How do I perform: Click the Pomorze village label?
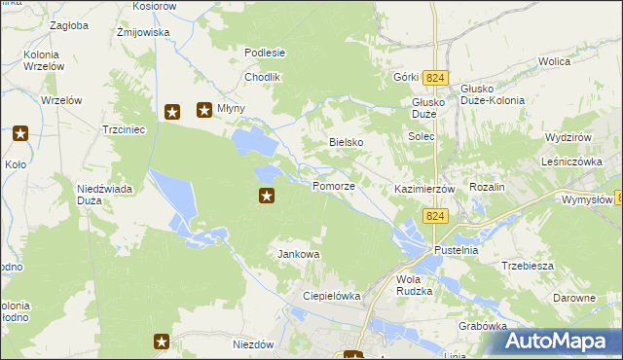tap(333, 186)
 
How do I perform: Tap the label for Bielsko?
tap(346, 142)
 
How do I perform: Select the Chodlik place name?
tap(263, 77)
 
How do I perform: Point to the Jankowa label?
tap(299, 254)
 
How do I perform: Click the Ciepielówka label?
tap(332, 296)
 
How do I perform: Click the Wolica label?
tap(553, 61)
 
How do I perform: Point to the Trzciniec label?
tap(124, 128)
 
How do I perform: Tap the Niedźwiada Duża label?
tap(97, 195)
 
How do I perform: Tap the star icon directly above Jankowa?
tap(267, 197)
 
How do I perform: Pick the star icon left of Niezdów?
tap(162, 342)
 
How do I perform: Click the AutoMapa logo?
tap(561, 341)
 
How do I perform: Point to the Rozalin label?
tap(487, 187)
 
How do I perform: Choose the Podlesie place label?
tap(265, 53)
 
